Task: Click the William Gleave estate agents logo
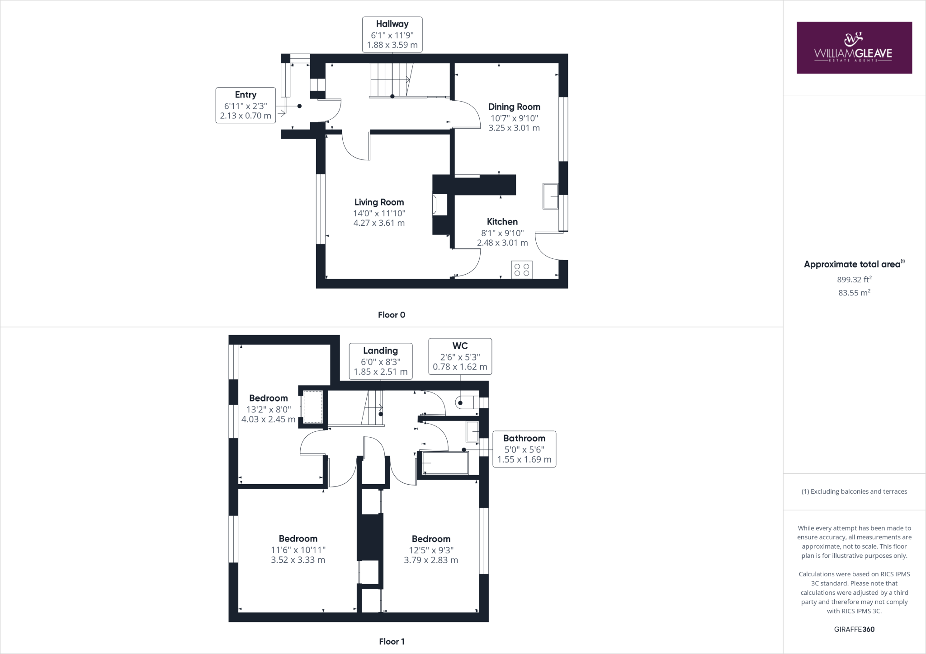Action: [854, 47]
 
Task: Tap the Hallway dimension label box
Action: [392, 35]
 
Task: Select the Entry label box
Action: [246, 105]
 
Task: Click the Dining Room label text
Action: [514, 107]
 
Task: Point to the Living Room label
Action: [379, 202]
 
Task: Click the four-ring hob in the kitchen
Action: [522, 270]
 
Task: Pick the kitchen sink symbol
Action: [550, 196]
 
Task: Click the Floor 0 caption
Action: [392, 315]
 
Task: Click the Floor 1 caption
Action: [392, 641]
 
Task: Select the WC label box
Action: [460, 356]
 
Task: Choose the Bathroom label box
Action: [524, 449]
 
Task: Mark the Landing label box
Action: [380, 361]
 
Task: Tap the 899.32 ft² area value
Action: [854, 280]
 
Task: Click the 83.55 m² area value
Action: [854, 293]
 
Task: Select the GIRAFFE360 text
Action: [854, 629]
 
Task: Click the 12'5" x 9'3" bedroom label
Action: [431, 550]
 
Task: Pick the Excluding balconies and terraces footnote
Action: [854, 491]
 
